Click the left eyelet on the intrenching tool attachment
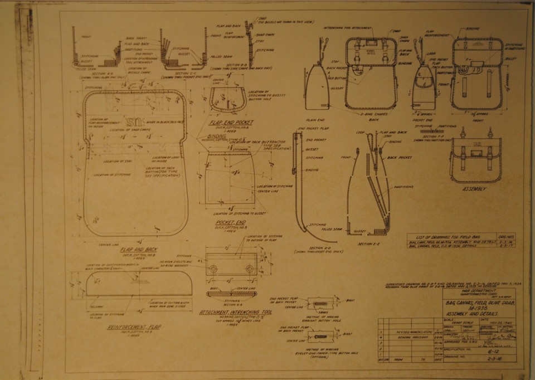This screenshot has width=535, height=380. click(213, 269)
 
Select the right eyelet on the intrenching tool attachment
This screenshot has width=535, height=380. click(250, 269)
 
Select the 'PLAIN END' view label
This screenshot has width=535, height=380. click(316, 120)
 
